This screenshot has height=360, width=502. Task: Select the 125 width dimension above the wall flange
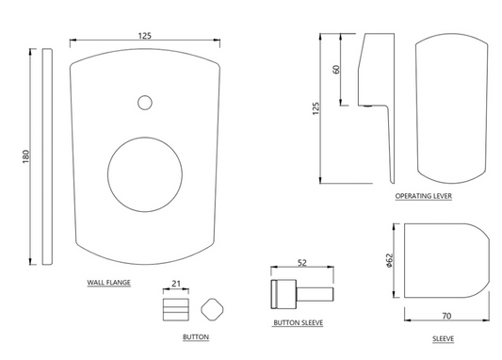(144, 36)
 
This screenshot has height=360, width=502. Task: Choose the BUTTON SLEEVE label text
(299, 322)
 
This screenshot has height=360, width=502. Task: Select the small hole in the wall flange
(144, 101)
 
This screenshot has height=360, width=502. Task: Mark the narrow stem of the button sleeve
(318, 293)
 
